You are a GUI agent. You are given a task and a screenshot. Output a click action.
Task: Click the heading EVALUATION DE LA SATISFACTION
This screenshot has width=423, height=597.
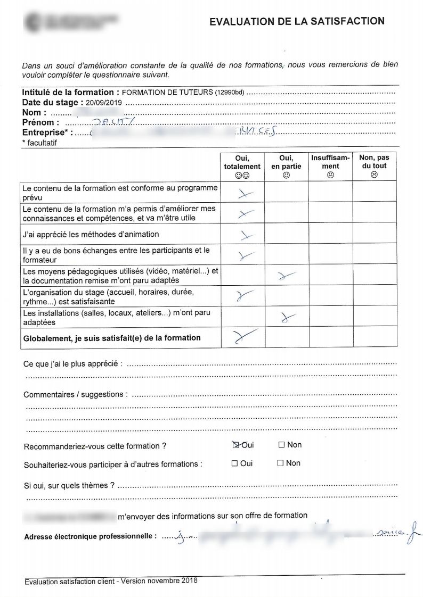point(297,21)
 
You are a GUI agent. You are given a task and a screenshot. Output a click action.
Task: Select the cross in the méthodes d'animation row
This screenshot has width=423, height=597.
point(245,235)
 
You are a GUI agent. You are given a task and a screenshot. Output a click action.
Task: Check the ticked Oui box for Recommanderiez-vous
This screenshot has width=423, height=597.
point(235,445)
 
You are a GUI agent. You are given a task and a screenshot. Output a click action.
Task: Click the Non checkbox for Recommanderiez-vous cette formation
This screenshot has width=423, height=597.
point(281,445)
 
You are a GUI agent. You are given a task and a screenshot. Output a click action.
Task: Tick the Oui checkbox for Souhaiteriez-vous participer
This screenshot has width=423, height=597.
point(234,463)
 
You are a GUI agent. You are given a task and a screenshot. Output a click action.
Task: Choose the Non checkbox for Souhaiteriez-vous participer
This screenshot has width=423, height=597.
point(280,463)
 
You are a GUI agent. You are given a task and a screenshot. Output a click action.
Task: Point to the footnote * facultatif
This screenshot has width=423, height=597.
point(39,143)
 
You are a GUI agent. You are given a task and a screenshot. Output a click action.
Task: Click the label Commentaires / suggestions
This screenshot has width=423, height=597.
point(75,395)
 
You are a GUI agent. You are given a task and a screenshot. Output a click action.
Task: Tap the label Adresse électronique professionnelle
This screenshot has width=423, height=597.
point(90,536)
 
